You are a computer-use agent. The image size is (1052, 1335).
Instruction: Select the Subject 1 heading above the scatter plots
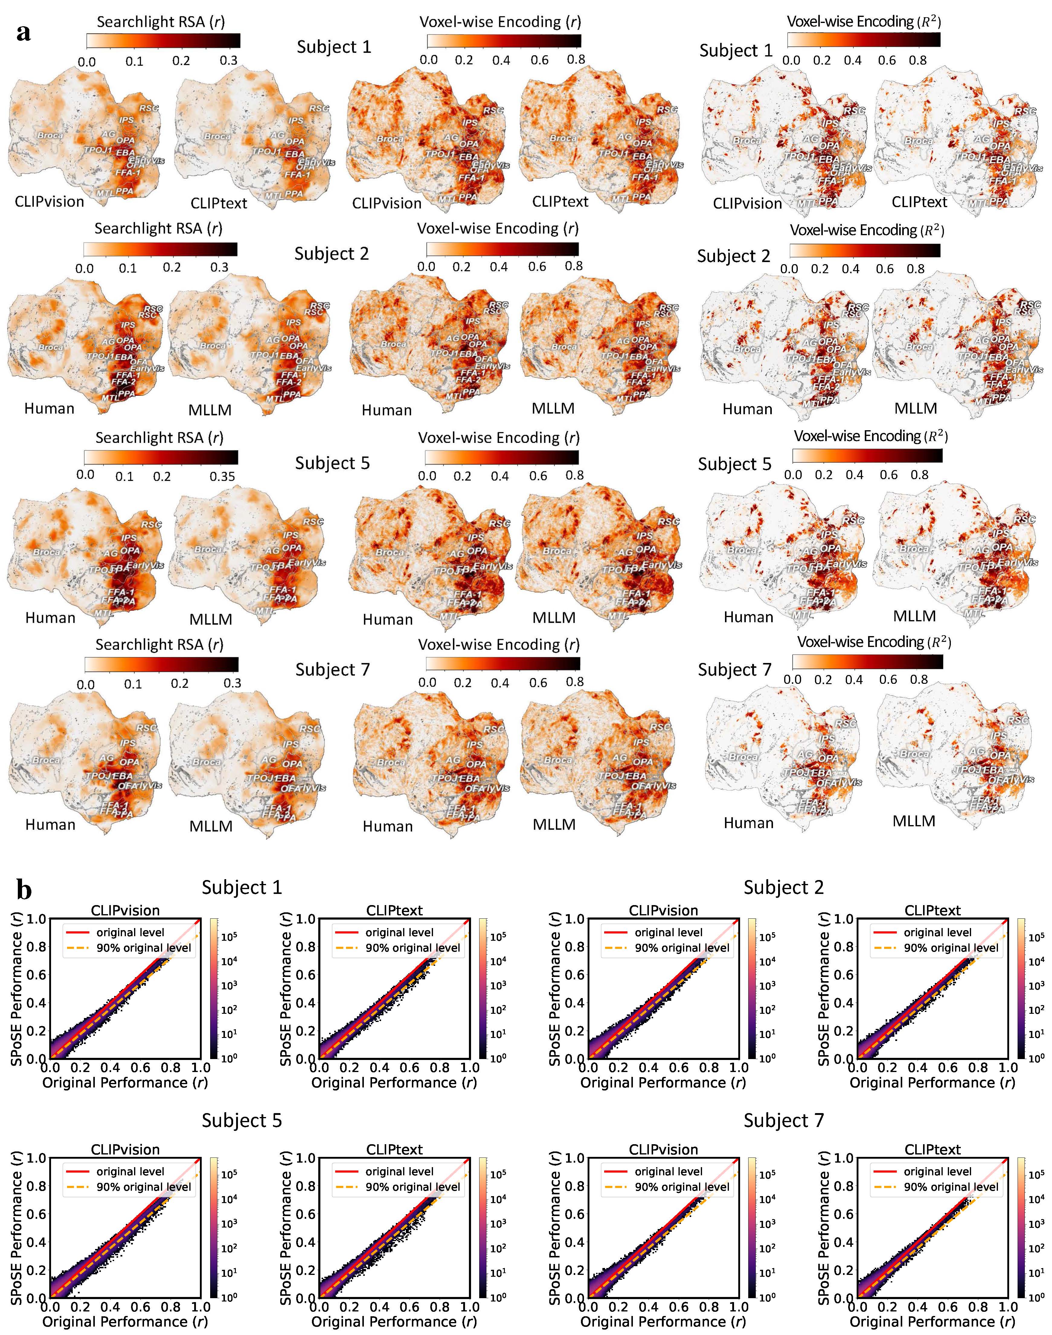coord(242,887)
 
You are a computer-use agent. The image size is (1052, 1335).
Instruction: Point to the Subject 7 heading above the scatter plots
coord(784,1120)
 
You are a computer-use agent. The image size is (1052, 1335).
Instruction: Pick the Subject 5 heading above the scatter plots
coord(242,1120)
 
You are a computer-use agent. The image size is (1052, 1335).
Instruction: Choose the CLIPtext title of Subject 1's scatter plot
coord(394,910)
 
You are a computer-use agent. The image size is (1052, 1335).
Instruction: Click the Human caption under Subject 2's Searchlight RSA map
coord(49,408)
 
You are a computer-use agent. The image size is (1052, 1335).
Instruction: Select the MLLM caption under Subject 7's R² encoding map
coord(914,821)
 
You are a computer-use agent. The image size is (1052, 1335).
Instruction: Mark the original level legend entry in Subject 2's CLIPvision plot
coord(668,932)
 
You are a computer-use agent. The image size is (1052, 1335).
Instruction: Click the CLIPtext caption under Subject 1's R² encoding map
coord(919,202)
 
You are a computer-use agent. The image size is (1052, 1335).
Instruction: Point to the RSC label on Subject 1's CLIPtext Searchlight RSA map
coord(319,108)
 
